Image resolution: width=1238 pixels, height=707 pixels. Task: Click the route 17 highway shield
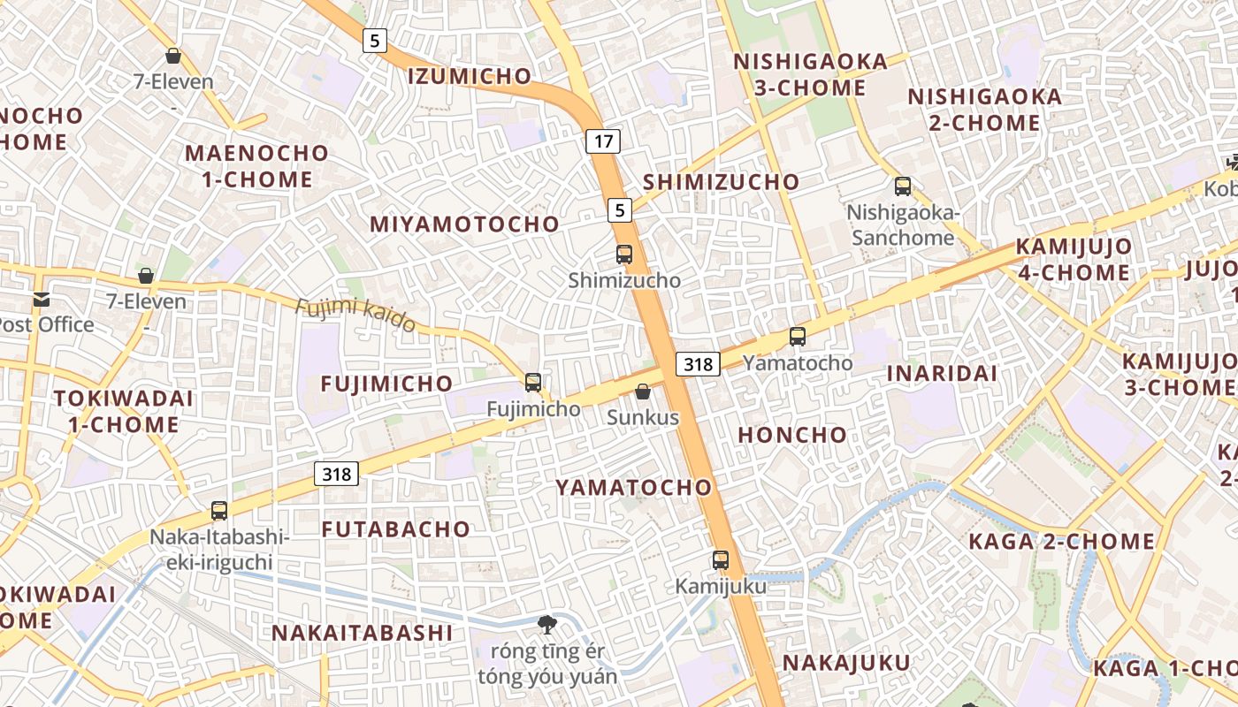pyautogui.click(x=603, y=141)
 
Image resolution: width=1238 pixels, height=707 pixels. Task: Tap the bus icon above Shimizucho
pyautogui.click(x=624, y=255)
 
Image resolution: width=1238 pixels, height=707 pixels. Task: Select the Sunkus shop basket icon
pyautogui.click(x=643, y=392)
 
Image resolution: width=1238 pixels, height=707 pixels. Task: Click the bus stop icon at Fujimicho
pyautogui.click(x=533, y=382)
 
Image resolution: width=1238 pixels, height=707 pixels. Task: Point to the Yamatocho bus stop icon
pyautogui.click(x=798, y=336)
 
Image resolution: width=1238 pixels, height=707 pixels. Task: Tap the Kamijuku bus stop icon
pyautogui.click(x=721, y=559)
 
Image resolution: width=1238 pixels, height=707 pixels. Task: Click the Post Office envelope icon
pyautogui.click(x=42, y=299)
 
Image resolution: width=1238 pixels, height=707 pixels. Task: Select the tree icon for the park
pyautogui.click(x=547, y=625)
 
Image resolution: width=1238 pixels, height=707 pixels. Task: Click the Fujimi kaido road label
pyautogui.click(x=355, y=315)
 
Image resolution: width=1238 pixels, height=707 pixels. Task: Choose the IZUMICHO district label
pyautogui.click(x=470, y=76)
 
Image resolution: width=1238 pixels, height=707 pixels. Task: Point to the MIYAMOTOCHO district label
pyautogui.click(x=464, y=224)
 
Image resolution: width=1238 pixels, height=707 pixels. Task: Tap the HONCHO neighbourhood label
pyautogui.click(x=792, y=435)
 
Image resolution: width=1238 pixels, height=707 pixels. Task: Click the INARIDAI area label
pyautogui.click(x=942, y=373)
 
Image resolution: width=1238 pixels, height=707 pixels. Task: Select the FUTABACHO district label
pyautogui.click(x=395, y=529)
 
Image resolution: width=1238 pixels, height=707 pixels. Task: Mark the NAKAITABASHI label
pyautogui.click(x=362, y=633)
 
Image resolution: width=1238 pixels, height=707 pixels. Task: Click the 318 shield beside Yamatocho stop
pyautogui.click(x=698, y=363)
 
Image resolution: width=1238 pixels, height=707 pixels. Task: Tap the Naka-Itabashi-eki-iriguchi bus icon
pyautogui.click(x=219, y=511)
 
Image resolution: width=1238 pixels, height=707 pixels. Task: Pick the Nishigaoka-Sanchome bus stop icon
pyautogui.click(x=903, y=186)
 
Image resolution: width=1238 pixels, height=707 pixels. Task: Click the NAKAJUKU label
pyautogui.click(x=846, y=663)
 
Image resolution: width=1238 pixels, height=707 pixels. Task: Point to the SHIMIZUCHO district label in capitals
pyautogui.click(x=721, y=182)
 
